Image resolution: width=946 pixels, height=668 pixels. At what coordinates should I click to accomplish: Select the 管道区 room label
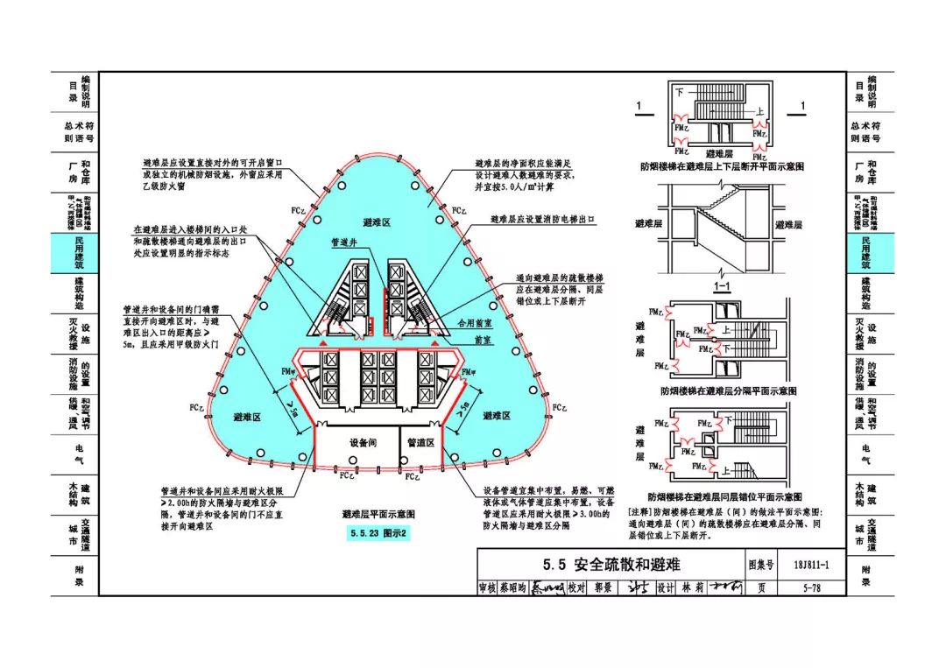[x=421, y=443]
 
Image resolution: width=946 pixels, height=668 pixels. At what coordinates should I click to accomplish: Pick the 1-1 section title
[x=723, y=286]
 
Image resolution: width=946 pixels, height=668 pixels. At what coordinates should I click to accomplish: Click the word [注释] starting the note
[x=640, y=510]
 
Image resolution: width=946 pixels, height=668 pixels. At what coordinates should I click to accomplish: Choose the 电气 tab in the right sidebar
[x=865, y=454]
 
